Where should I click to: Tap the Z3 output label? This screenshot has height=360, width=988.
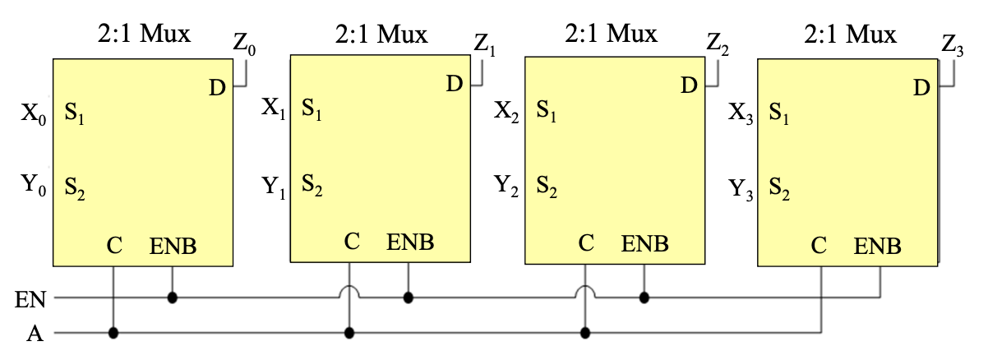952,44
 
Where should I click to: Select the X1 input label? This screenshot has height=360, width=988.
274,108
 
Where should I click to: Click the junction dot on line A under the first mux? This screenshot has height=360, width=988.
113,333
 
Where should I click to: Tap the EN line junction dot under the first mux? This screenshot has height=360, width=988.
173,298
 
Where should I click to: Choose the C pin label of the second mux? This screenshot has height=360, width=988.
352,242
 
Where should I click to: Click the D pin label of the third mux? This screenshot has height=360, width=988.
690,85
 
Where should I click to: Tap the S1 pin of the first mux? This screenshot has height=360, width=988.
75,117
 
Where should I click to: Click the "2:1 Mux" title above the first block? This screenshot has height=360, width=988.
145,35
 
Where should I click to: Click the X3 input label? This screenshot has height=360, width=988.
741,113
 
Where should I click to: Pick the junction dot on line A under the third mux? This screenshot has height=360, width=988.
585,333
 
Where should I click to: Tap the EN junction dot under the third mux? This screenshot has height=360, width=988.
644,298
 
